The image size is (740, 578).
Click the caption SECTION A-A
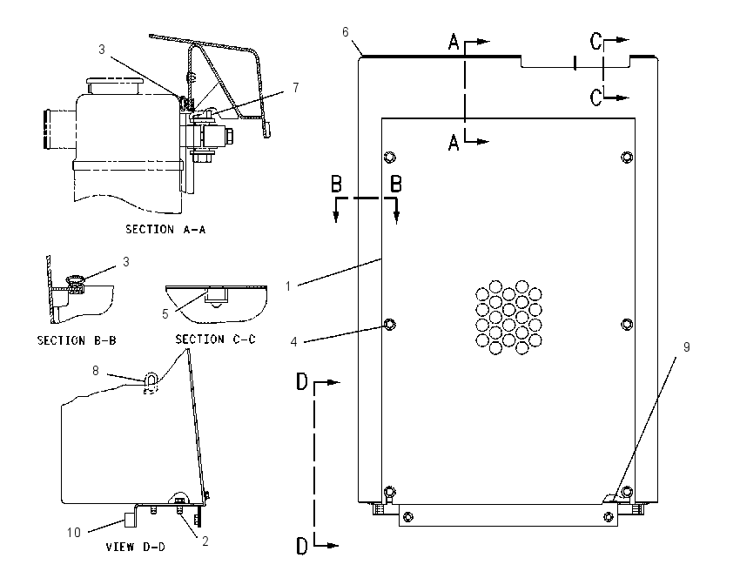(x=165, y=229)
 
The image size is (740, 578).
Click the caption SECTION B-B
(x=77, y=340)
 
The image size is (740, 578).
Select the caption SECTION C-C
(x=215, y=339)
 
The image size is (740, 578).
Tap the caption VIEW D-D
(x=136, y=547)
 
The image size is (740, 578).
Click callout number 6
(x=346, y=31)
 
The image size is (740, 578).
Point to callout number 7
(x=296, y=87)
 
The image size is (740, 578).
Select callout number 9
(x=687, y=346)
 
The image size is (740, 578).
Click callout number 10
(x=74, y=532)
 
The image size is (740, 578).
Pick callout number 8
(x=96, y=371)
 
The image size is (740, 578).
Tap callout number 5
(x=165, y=313)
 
